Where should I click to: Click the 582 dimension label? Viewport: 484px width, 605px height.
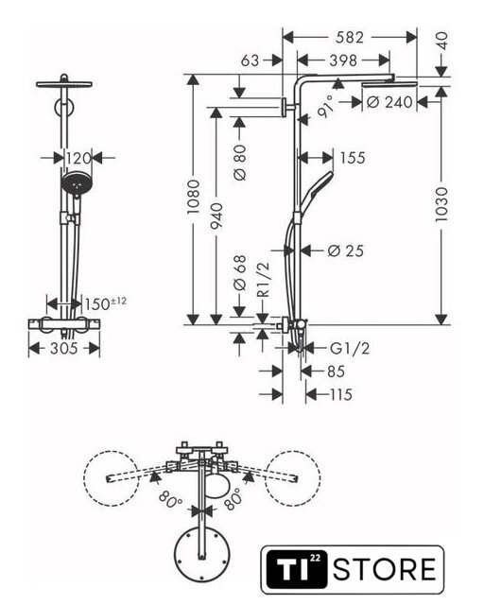click(x=350, y=38)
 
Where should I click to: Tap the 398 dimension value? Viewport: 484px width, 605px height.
click(x=343, y=60)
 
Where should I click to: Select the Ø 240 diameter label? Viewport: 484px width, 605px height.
click(x=389, y=102)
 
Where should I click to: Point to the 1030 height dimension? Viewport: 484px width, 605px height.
click(x=441, y=204)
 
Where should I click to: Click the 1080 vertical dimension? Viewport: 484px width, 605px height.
click(x=193, y=197)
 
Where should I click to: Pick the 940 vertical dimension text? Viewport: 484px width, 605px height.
click(x=216, y=216)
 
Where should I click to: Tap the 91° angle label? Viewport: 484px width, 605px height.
click(x=325, y=107)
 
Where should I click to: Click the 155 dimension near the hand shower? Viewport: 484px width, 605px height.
click(x=353, y=158)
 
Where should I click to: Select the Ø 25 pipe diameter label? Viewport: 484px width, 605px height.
click(x=345, y=251)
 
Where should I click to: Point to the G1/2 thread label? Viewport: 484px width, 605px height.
click(x=350, y=349)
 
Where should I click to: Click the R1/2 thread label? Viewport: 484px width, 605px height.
click(x=263, y=280)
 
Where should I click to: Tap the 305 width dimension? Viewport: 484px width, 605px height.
click(x=64, y=349)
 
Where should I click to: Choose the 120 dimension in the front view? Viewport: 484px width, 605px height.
click(x=78, y=158)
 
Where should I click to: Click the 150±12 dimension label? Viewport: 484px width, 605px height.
click(x=105, y=303)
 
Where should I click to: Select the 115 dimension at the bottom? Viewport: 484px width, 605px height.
click(x=341, y=394)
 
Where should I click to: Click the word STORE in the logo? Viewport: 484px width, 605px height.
click(x=385, y=569)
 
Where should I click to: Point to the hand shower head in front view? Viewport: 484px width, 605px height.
click(x=76, y=184)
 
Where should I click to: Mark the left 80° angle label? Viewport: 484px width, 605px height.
click(x=170, y=499)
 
